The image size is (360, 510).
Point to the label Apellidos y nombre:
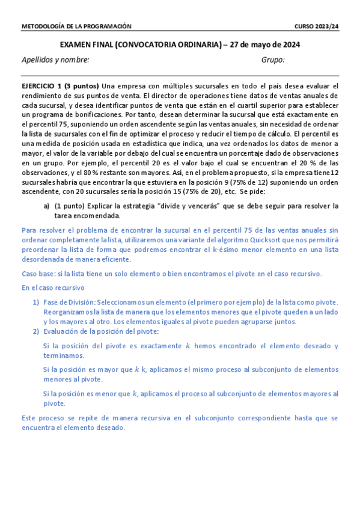click(55, 60)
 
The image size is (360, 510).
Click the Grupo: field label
click(273, 60)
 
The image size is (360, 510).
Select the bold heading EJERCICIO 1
click(41, 86)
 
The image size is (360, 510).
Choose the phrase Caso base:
click(37, 274)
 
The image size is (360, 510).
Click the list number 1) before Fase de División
click(36, 302)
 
